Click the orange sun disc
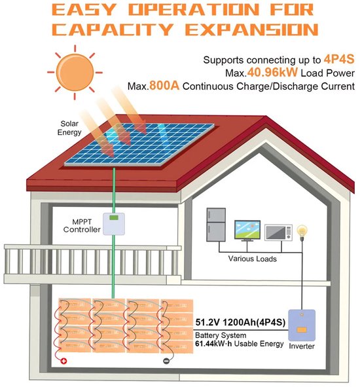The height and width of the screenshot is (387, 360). coord(75,73)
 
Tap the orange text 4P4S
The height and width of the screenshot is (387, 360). coord(339,59)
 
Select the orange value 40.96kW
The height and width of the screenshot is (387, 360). coord(272,72)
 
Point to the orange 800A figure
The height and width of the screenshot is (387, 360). coord(164,86)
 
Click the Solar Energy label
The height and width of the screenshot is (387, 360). coord(69,128)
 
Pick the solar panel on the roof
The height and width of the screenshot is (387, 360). coord(139,144)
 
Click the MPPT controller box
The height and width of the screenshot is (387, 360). coord(113,223)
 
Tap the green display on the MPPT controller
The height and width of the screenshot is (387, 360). coord(113,217)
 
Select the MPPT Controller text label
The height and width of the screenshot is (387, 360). coord(82,225)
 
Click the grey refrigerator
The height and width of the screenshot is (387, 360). coord(216,225)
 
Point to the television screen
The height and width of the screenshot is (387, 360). coord(247,230)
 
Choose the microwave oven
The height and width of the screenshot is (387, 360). coord(279,232)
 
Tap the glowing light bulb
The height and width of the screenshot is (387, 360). coord(302,230)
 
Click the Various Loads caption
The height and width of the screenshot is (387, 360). coord(252,259)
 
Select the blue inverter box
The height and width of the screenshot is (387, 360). coord(302,325)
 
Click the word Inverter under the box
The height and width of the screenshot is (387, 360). coord(302,346)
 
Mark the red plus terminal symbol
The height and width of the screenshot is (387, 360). coord(63,361)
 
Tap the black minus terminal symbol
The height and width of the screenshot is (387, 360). coord(166,361)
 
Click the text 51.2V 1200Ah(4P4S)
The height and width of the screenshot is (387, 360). coord(240,322)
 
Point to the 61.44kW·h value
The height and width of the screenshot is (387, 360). coord(213,344)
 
